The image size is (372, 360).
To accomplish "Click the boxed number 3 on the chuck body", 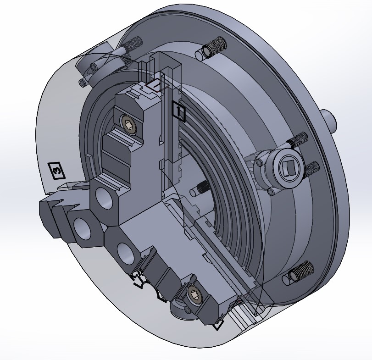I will [x=56, y=171].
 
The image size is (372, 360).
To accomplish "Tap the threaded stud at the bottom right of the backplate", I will [x=300, y=272].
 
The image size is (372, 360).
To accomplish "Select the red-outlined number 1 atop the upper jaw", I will [x=155, y=85].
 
